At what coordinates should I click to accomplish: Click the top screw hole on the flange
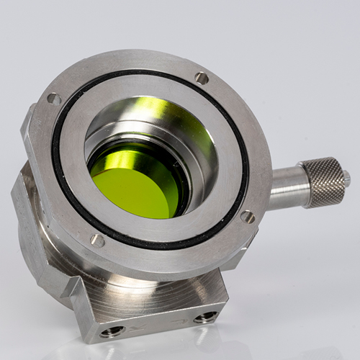click(202, 78)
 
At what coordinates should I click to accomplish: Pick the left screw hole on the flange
click(54, 99)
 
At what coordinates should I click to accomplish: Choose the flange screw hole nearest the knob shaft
click(247, 216)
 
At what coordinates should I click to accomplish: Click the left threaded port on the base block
click(114, 331)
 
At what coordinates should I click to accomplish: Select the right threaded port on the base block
click(205, 317)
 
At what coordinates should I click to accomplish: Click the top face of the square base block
click(166, 284)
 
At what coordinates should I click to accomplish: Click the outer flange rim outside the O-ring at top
click(144, 60)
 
